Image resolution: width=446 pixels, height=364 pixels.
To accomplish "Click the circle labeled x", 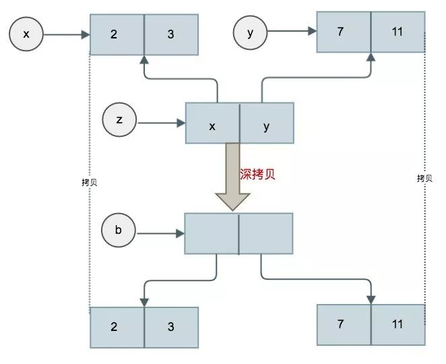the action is click(26, 33).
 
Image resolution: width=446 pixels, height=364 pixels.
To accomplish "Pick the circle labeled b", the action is click(118, 231).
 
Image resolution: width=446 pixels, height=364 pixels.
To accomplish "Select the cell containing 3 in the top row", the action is click(171, 34).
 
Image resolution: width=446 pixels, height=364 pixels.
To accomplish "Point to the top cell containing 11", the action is click(397, 32).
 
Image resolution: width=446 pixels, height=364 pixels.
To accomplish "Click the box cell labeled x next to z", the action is click(212, 123).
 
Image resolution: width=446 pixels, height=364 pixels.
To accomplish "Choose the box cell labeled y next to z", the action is click(266, 123).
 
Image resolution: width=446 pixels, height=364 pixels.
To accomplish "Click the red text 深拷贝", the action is click(258, 174).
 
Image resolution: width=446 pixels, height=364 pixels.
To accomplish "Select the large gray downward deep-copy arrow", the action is click(232, 178).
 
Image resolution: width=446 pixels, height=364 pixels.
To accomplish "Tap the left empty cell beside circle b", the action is click(212, 233).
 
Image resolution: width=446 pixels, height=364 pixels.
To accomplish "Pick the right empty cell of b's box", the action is click(266, 233).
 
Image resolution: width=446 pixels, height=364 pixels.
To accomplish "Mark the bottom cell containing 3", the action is click(171, 327).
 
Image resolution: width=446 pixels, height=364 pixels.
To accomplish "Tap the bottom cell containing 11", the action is click(397, 324).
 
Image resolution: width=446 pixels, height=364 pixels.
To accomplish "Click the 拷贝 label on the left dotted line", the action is click(88, 182).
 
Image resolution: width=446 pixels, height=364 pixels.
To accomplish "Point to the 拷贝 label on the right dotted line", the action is click(424, 178).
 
